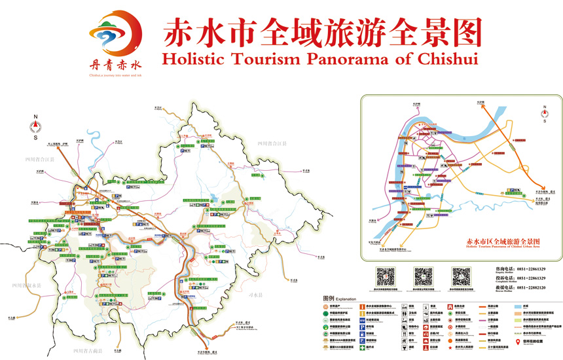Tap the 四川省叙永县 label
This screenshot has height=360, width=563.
tap(27, 285)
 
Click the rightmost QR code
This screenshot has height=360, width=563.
tap(461, 276)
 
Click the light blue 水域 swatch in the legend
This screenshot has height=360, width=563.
tap(517, 306)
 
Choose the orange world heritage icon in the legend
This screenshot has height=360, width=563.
tap(325, 306)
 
